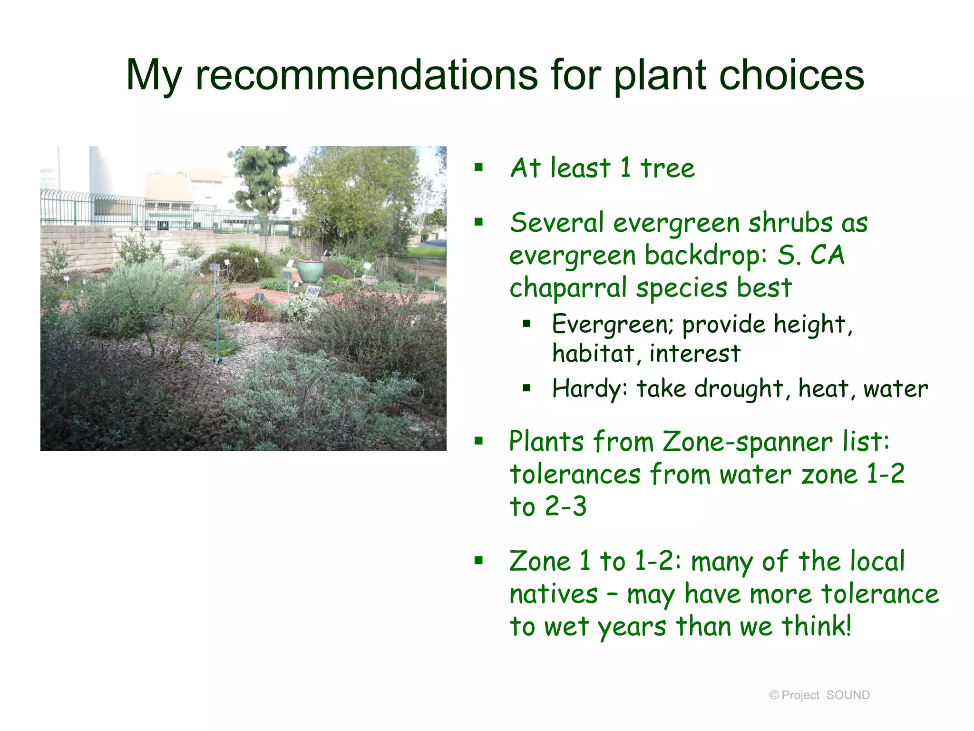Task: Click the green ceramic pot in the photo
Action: click(310, 270)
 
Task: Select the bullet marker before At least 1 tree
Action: click(478, 167)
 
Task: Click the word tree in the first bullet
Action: click(667, 168)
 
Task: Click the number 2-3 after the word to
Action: click(566, 506)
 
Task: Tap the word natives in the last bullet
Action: click(553, 594)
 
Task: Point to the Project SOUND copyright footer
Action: click(819, 695)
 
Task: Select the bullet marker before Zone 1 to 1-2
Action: click(478, 561)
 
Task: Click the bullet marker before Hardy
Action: click(526, 388)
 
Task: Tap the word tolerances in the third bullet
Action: click(575, 474)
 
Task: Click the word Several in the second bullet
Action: click(556, 223)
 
